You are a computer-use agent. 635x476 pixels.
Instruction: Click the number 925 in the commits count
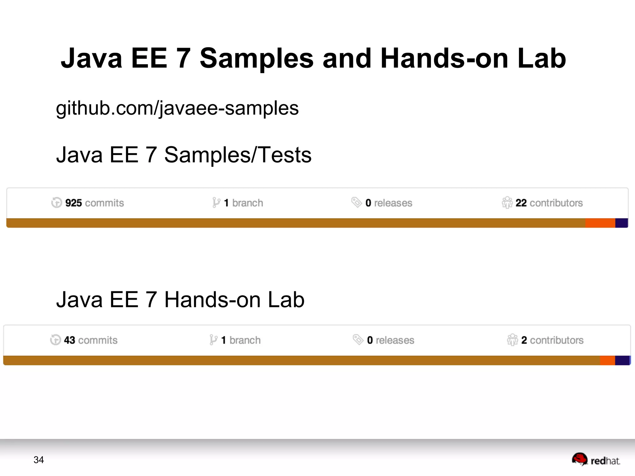(73, 203)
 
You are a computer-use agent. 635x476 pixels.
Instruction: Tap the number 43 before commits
(69, 340)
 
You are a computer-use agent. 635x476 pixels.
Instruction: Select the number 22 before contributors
(521, 203)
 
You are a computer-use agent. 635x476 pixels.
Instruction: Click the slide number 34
(38, 460)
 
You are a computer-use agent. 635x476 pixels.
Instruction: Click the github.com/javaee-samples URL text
(177, 108)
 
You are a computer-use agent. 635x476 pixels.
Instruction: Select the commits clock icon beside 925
(56, 203)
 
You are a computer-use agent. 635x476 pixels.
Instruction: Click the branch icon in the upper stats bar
(216, 203)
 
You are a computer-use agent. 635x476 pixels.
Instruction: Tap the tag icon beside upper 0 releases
(357, 202)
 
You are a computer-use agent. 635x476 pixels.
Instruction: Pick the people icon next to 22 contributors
(507, 203)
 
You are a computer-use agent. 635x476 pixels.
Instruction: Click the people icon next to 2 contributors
(512, 340)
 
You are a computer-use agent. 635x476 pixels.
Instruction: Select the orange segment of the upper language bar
(600, 223)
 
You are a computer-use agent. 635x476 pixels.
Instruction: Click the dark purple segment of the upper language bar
(621, 223)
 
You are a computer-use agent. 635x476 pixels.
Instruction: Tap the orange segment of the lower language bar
(607, 360)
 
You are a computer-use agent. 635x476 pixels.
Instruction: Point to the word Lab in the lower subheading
(286, 300)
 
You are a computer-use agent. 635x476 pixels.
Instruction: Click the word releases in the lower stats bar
(395, 340)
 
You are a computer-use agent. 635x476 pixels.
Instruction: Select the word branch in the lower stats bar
(245, 340)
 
